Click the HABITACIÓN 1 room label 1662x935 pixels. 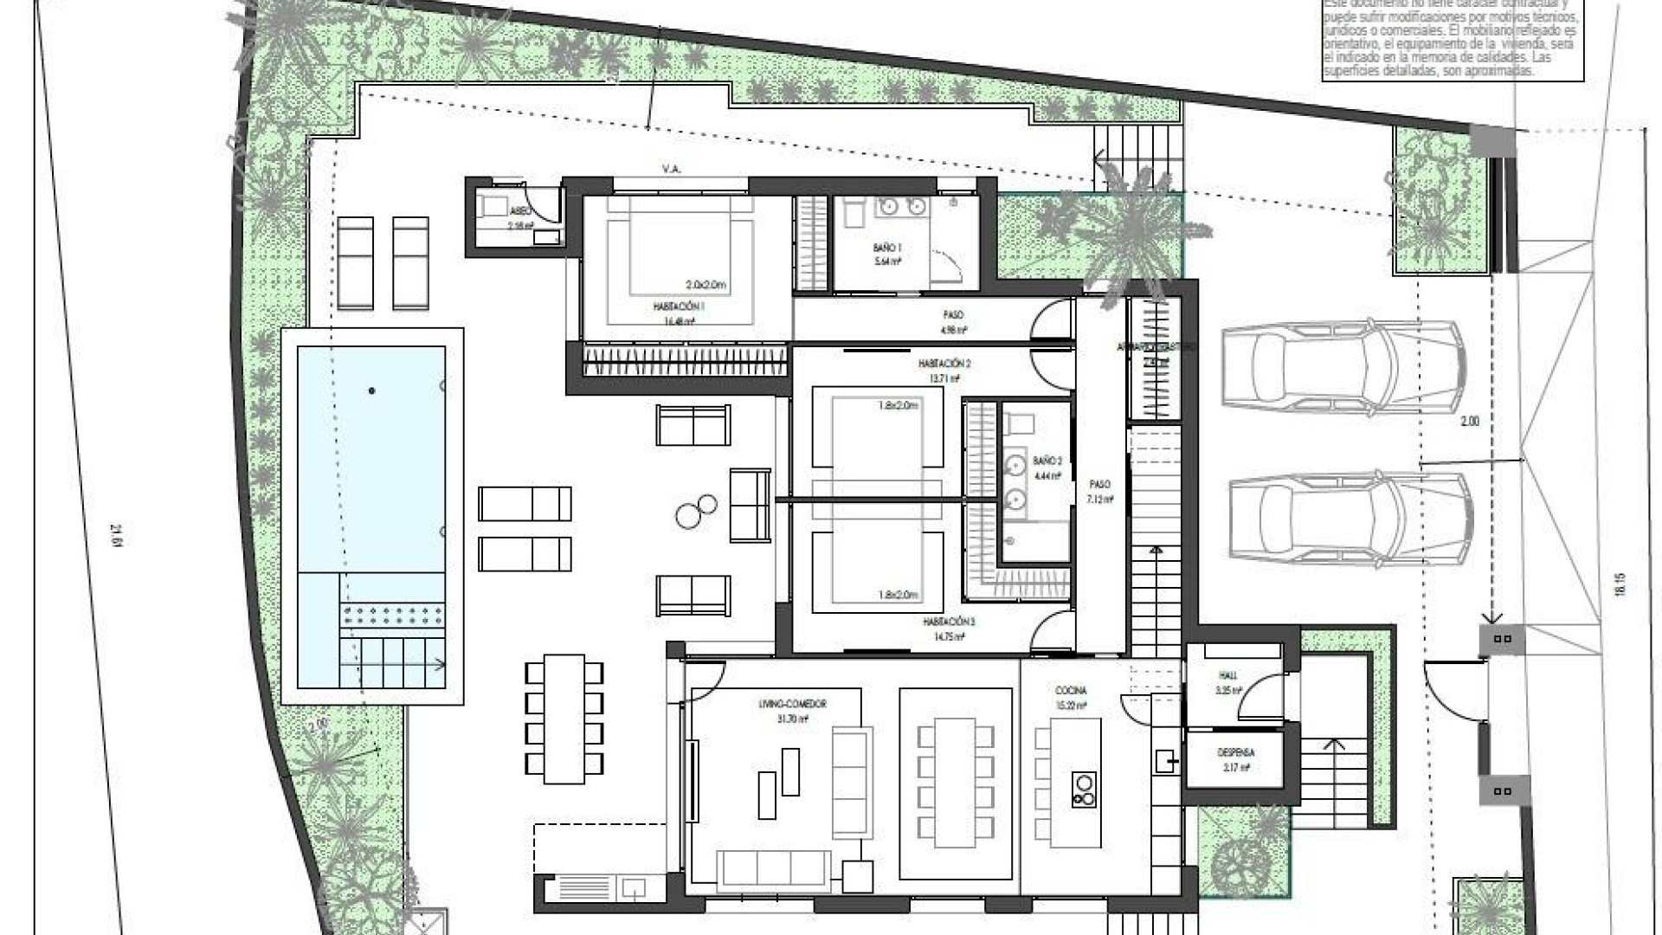(679, 306)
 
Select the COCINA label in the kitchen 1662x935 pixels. (1070, 691)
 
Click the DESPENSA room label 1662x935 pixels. (1235, 753)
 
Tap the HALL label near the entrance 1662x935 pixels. (1228, 676)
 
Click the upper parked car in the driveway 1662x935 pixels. (1343, 364)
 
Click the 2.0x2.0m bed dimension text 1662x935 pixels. (706, 285)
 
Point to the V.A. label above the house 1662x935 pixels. (671, 170)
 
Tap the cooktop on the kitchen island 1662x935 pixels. (1082, 789)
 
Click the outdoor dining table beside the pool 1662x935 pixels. (564, 717)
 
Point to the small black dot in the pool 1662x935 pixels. (372, 391)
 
